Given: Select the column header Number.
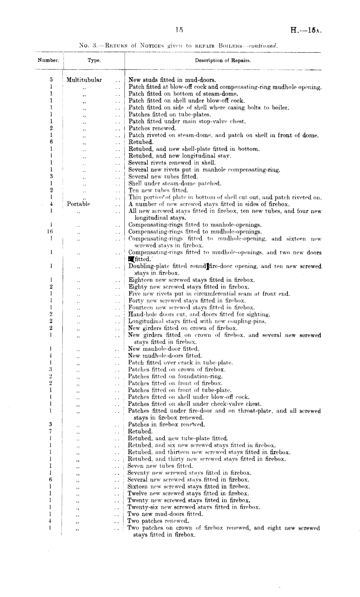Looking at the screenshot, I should (48, 60).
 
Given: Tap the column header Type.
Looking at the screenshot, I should (94, 60).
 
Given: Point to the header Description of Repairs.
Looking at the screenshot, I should (223, 60).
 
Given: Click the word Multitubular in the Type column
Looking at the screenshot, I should (84, 80).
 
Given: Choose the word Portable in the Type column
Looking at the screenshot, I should (78, 204).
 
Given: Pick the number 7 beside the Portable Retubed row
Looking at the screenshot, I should (51, 432).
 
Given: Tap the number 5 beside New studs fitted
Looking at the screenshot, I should (51, 80).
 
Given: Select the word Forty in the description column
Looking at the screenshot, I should (136, 301).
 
